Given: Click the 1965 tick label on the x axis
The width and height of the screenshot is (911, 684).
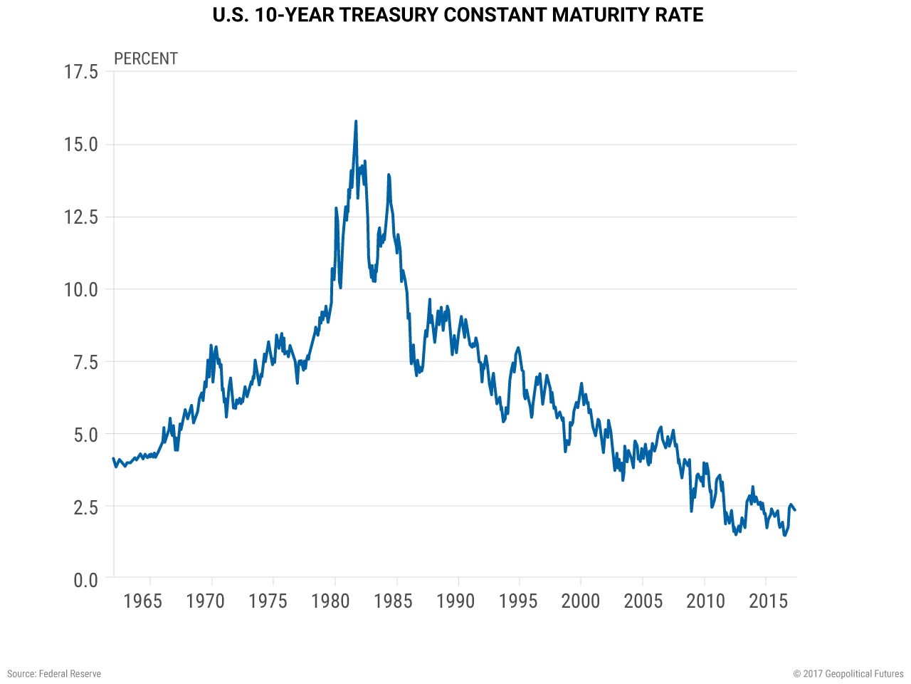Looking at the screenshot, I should click(x=142, y=601).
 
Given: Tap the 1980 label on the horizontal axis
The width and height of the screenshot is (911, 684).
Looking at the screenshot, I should click(x=330, y=601).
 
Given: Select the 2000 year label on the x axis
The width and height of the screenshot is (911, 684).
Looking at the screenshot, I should click(x=581, y=601).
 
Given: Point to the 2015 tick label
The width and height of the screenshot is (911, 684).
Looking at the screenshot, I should click(x=769, y=601).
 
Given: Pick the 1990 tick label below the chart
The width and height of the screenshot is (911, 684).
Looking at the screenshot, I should click(x=455, y=601).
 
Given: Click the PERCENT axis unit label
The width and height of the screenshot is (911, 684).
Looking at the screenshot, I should click(x=146, y=58).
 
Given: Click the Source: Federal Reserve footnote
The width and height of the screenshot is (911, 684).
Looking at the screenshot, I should click(x=54, y=673).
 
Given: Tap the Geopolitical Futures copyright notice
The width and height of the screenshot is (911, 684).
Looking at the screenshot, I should click(x=848, y=673).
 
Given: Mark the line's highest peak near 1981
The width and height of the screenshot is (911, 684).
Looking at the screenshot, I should click(x=356, y=122).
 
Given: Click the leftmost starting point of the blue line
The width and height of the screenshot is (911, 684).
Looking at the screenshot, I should click(x=113, y=459).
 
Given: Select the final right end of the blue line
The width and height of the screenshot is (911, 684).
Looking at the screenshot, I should click(x=795, y=509).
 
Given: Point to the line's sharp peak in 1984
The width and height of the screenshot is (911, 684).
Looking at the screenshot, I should click(x=389, y=175).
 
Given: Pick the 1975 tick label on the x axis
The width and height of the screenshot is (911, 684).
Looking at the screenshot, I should click(x=268, y=601).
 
